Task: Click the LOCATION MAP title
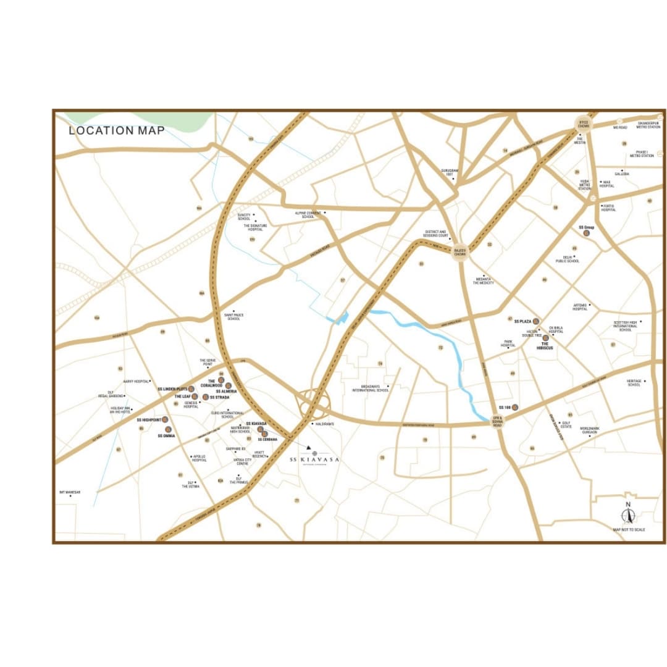117,130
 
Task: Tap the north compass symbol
628,514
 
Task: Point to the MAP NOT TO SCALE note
629,530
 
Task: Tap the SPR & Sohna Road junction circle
497,422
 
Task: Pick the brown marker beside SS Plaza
536,322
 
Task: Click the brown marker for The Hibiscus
545,338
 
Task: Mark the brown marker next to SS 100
514,408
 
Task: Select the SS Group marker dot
595,233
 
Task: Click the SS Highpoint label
149,420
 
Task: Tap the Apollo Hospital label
199,458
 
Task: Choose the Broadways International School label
371,390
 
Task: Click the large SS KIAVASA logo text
315,460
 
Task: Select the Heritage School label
634,383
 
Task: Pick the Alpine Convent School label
308,215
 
